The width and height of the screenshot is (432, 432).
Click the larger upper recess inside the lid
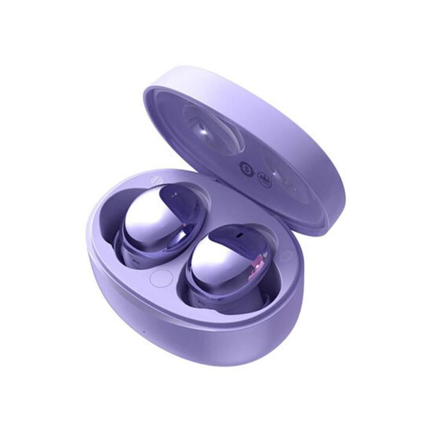point(213,126)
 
